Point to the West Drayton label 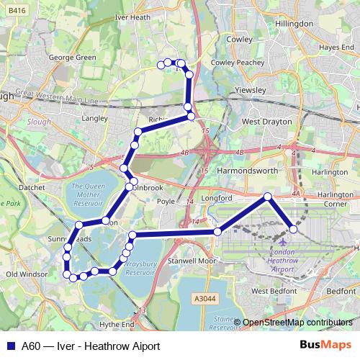tap(267, 122)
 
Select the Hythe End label tap(117, 325)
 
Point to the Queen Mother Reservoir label tap(89, 195)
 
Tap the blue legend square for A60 tap(12, 346)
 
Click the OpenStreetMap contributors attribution tap(297, 323)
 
